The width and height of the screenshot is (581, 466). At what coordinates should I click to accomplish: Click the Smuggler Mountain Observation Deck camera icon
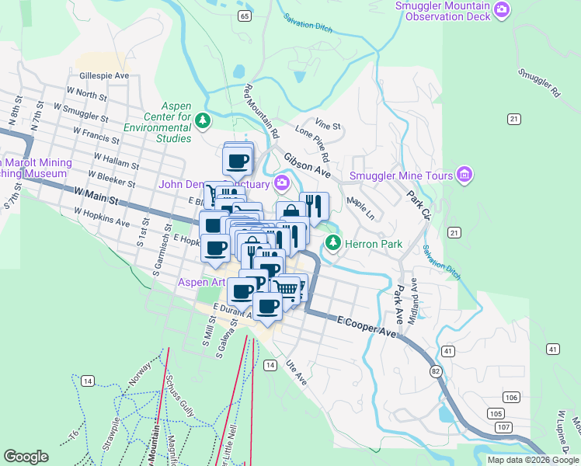(503, 9)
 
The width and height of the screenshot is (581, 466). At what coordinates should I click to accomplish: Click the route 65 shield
(245, 16)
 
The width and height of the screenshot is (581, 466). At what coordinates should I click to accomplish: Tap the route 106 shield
(510, 398)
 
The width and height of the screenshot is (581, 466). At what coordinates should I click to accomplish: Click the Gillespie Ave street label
(104, 77)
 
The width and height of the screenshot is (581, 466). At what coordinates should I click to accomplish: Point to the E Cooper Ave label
(367, 326)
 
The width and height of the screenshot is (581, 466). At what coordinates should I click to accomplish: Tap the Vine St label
(328, 124)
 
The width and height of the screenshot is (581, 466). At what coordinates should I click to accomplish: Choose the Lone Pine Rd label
(314, 145)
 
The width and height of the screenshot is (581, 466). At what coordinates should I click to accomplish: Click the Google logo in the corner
(26, 457)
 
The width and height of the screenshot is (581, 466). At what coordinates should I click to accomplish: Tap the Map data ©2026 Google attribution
(532, 460)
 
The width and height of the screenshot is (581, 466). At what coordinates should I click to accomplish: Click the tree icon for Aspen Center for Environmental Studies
(203, 120)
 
